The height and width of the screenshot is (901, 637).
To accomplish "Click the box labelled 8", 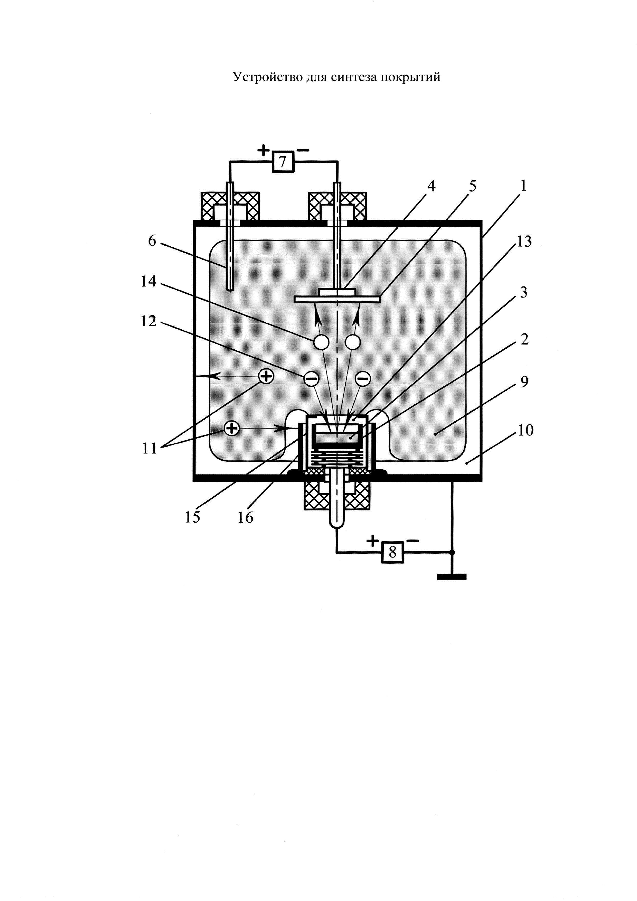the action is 392,553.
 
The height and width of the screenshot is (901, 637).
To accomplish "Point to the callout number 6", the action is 152,240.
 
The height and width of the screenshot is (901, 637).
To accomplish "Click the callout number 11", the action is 149,448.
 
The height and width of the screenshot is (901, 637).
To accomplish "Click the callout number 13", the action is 524,241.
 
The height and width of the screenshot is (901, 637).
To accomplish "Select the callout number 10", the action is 526,431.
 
